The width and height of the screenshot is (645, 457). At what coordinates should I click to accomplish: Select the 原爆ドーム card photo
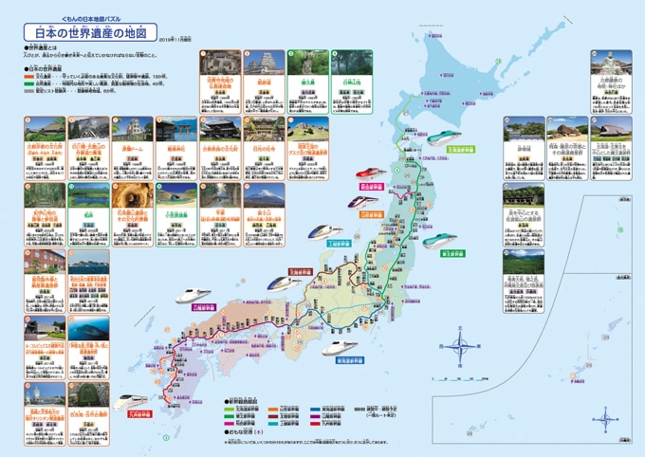coord(133,130)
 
